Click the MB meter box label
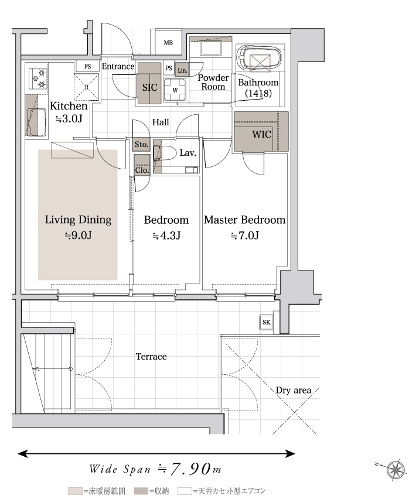168,43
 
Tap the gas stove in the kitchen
39,78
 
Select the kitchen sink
36,122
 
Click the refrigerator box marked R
87,87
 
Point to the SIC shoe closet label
149,87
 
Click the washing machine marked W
175,90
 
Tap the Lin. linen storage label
182,70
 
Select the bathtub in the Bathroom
260,59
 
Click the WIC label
262,134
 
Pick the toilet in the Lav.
165,153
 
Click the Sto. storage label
141,145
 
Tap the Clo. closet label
142,170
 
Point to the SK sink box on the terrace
267,322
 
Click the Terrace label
151,357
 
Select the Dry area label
293,390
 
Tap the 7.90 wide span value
191,469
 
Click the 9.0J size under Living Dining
78,235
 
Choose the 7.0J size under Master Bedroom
244,236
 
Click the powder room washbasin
211,49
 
